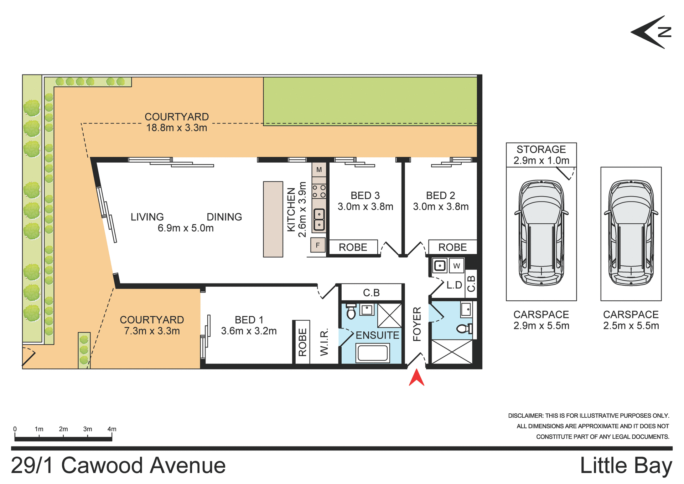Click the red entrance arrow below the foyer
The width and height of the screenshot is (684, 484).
[416, 378]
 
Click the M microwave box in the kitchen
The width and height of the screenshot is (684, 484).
[319, 170]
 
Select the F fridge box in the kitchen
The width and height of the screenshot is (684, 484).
[318, 245]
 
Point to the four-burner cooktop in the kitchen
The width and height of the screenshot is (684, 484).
[319, 191]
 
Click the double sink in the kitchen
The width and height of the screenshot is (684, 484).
[319, 219]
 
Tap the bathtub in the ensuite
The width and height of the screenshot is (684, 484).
[373, 353]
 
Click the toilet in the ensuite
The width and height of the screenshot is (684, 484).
[351, 312]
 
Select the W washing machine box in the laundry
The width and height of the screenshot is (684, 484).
[456, 266]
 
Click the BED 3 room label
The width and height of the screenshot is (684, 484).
[365, 195]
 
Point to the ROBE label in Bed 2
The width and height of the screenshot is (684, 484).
[452, 247]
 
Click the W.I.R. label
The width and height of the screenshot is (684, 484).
[324, 343]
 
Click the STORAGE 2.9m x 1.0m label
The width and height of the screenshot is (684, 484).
[541, 155]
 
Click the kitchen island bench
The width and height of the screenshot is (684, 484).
[273, 219]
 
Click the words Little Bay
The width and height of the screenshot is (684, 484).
[626, 466]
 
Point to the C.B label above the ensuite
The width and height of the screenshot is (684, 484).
[371, 293]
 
